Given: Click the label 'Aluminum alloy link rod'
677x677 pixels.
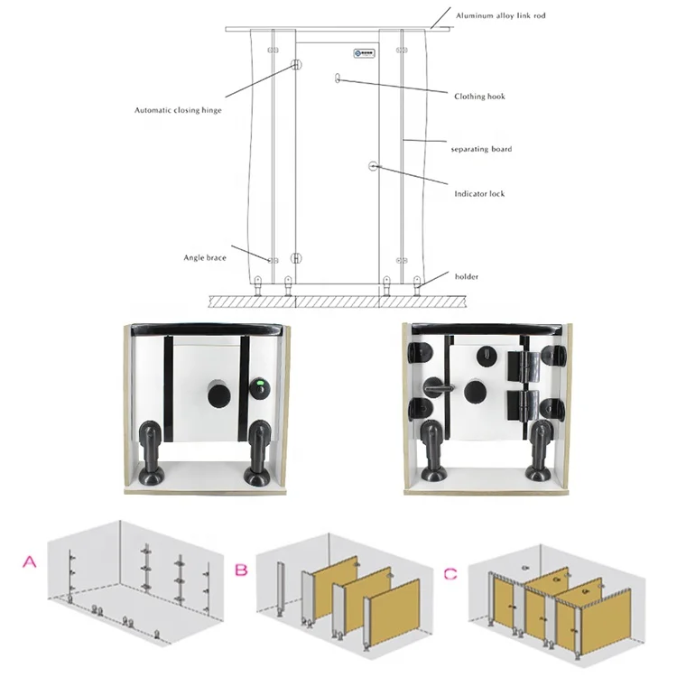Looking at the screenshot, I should [501, 15].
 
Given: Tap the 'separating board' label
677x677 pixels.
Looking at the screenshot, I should [481, 148].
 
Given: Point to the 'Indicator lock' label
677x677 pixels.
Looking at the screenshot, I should [479, 193].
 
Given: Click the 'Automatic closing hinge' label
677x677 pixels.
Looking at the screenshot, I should [178, 110].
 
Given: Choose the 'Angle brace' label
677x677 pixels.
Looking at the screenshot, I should [204, 258].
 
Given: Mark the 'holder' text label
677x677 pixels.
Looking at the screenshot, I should [467, 277].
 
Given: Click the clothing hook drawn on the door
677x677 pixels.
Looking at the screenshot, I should [338, 79].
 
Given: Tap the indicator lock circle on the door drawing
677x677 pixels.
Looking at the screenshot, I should [374, 166].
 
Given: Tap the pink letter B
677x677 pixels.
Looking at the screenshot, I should [242, 570].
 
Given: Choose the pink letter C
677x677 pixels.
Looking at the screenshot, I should [450, 573].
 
